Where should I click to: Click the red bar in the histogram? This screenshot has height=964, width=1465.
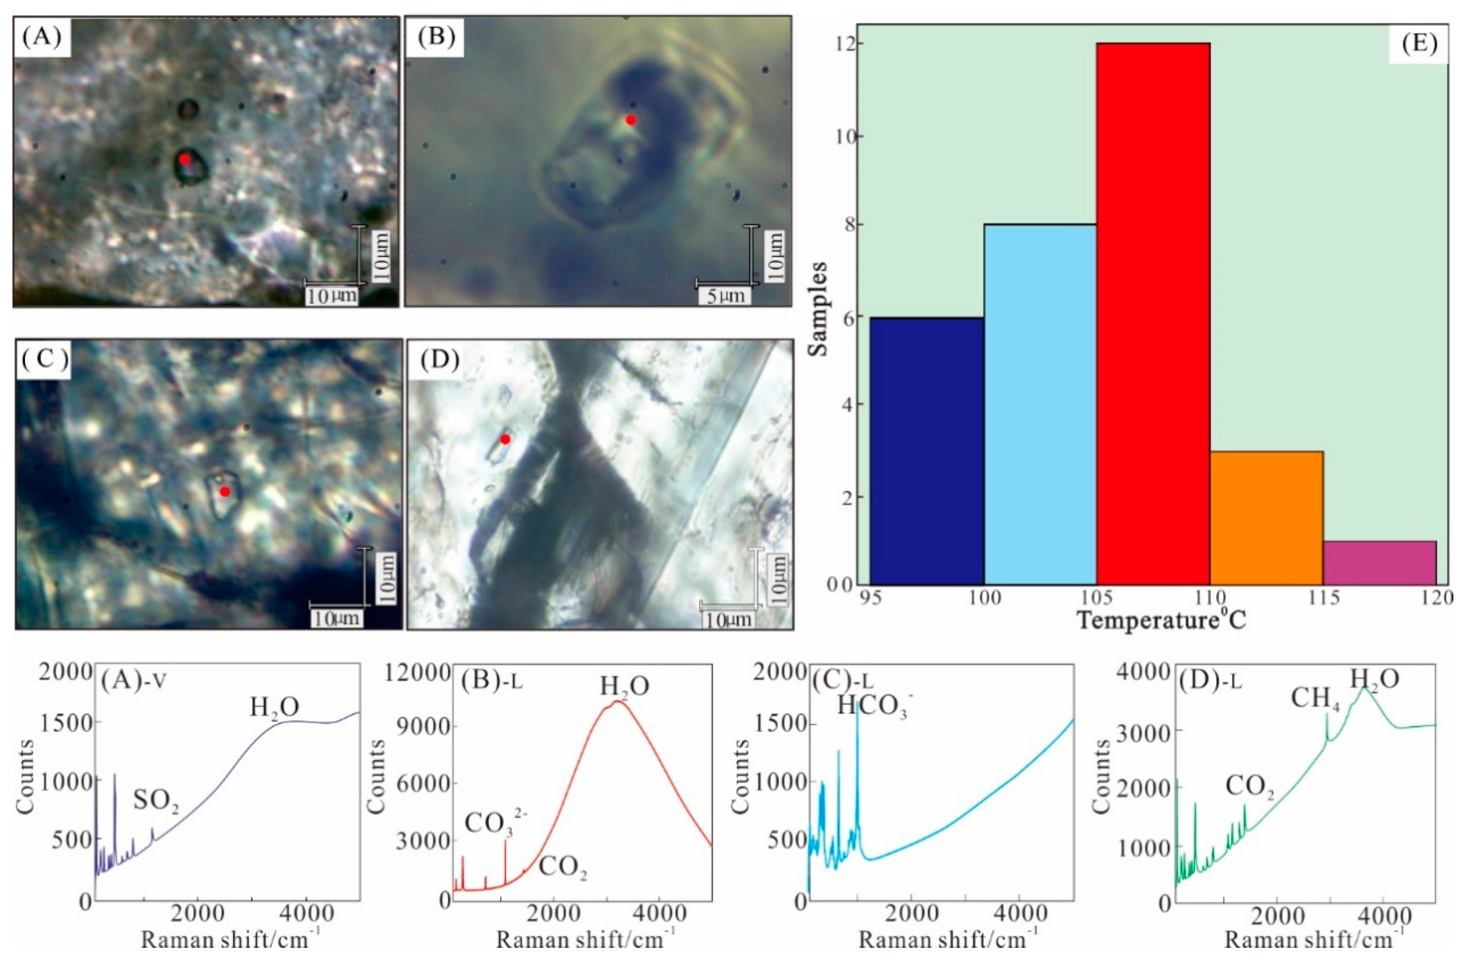coord(1153,314)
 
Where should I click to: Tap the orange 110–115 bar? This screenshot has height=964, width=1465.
coord(1266,517)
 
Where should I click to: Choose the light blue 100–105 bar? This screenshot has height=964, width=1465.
coord(1040,404)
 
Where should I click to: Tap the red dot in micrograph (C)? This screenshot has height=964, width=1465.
coord(225,491)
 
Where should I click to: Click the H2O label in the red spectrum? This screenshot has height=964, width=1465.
coord(624,685)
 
